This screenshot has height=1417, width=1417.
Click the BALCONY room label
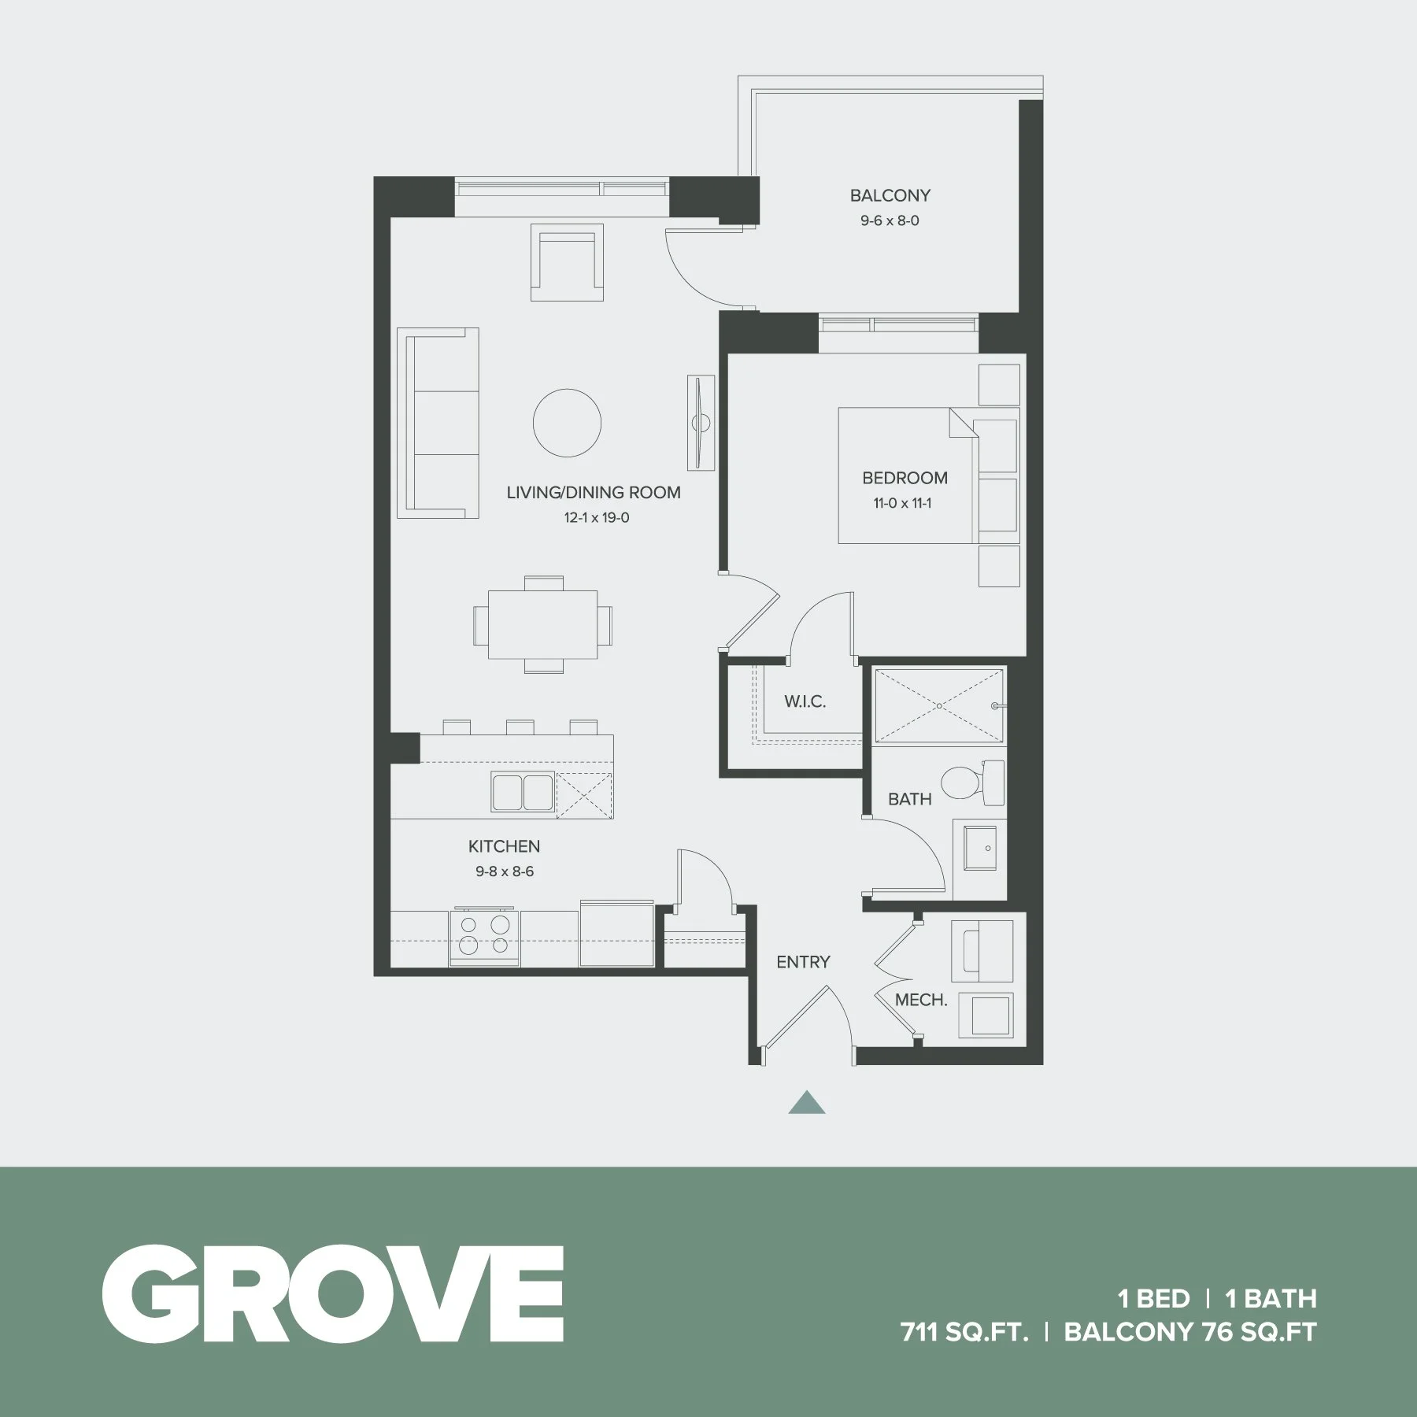[890, 195]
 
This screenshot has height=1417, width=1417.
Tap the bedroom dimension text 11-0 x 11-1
[902, 503]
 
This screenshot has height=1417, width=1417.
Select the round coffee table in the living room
[567, 423]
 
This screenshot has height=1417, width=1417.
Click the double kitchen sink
[522, 791]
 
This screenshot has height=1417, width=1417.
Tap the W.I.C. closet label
[805, 701]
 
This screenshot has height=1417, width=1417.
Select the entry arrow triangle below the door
[807, 1103]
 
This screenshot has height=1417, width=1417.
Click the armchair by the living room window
[567, 262]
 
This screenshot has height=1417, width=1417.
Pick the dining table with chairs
[542, 624]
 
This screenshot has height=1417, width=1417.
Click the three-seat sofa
[438, 423]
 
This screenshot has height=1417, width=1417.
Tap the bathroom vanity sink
[980, 848]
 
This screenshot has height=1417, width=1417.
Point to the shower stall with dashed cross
[939, 705]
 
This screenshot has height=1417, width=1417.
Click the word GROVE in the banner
[332, 1294]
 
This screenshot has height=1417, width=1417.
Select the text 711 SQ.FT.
[964, 1332]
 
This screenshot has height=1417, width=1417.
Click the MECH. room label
[920, 1000]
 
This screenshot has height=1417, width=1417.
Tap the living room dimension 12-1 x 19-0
[596, 518]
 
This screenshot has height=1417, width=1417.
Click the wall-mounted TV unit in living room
[700, 423]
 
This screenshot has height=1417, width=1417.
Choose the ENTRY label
[802, 961]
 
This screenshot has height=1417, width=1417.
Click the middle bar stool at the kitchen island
[520, 727]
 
